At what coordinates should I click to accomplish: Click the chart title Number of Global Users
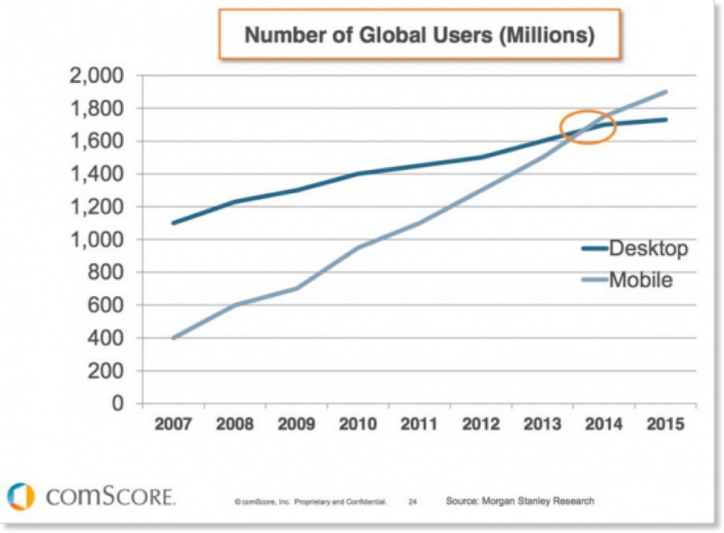click(420, 35)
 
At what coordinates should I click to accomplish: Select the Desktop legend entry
click(648, 249)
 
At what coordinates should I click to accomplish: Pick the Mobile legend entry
click(640, 280)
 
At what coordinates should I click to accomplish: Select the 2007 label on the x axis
click(172, 426)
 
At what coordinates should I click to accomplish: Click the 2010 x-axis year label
click(356, 426)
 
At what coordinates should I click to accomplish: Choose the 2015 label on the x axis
click(665, 426)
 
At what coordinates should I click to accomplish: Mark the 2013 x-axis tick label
click(541, 426)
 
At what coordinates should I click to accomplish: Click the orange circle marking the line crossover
click(588, 127)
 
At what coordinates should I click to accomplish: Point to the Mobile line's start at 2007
click(173, 338)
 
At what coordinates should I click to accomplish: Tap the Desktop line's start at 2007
click(173, 223)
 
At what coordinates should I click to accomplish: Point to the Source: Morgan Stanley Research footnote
click(520, 501)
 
